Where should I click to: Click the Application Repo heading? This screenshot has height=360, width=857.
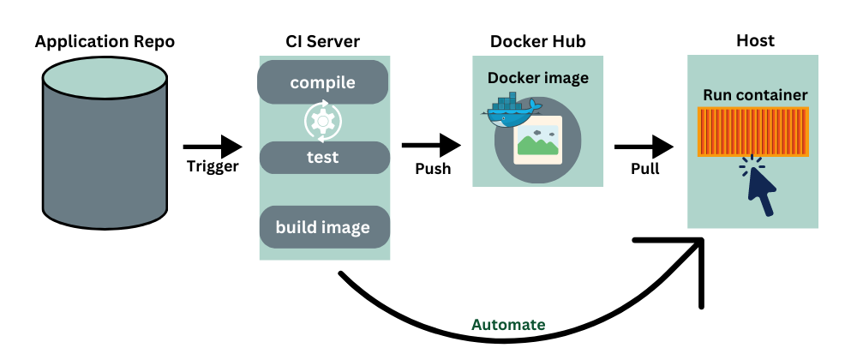click(105, 42)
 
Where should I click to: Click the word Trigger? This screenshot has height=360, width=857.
click(213, 167)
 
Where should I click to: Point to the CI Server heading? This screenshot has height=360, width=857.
click(323, 42)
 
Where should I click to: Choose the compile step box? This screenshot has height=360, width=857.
click(323, 83)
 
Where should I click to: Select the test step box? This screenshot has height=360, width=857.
click(323, 158)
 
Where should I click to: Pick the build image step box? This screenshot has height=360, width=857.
click(323, 227)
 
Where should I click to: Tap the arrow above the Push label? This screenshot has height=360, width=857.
click(429, 147)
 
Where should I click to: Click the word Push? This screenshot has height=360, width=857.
click(433, 168)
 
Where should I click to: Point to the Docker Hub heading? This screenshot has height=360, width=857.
click(538, 42)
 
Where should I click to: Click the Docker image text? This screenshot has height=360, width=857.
click(538, 78)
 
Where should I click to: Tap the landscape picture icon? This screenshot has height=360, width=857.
click(537, 141)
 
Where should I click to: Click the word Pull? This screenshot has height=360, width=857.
click(644, 168)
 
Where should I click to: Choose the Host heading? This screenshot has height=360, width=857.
click(755, 40)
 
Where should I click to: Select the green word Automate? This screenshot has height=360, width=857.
click(508, 325)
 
